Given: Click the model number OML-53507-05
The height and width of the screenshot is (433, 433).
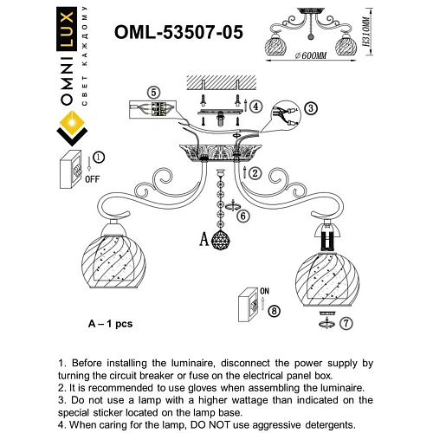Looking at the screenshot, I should tap(179, 32).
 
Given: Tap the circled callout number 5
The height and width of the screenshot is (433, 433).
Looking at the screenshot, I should tap(153, 93).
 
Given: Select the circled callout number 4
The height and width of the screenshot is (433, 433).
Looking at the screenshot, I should tap(256, 107).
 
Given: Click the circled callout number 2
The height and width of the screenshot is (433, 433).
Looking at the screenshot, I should tap(257, 173).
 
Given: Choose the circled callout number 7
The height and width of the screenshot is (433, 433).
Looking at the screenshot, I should tap(346, 324).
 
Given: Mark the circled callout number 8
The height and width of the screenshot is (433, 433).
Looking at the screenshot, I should tap(275, 310).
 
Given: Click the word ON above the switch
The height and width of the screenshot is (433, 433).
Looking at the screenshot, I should tap(266, 291).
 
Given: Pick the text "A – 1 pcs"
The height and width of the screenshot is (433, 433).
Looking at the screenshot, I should tap(109, 323).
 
